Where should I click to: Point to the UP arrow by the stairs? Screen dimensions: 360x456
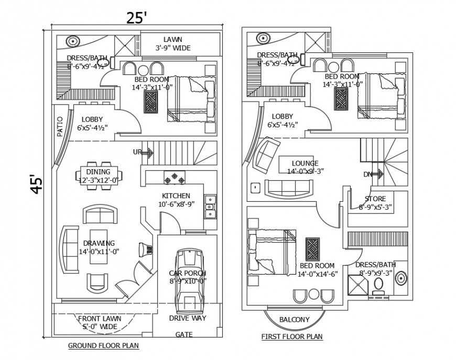(147, 153)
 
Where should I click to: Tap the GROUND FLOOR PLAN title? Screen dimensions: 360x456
(103, 345)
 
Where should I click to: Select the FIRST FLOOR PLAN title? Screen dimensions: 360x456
(292, 336)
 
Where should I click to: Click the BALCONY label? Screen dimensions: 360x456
(294, 319)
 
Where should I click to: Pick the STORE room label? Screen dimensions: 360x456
(375, 199)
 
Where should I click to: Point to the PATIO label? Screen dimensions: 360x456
(60, 126)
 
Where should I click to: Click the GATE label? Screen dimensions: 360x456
(183, 334)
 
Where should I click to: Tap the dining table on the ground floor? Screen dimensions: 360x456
(99, 173)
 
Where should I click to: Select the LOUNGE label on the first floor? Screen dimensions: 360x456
(305, 163)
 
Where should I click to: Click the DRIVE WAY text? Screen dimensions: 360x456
(187, 318)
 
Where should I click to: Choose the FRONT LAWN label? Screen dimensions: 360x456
(99, 319)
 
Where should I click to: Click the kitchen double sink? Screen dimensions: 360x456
(210, 206)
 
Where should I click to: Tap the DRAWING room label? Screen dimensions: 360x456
(99, 243)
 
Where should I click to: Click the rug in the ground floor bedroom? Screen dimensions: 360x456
(151, 101)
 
